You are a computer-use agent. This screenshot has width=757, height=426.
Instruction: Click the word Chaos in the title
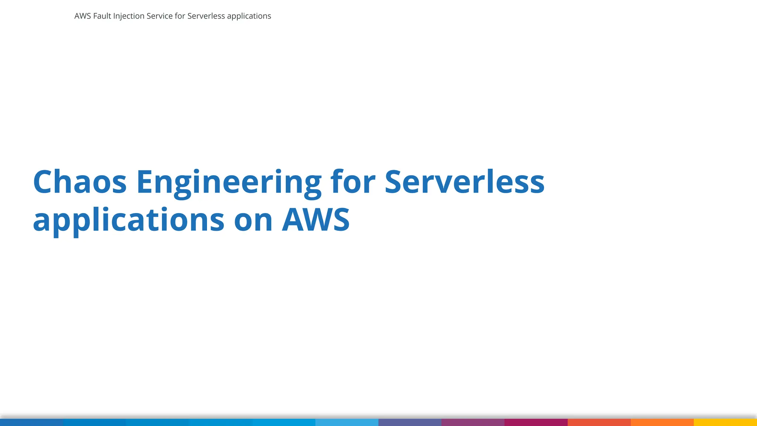[x=80, y=182]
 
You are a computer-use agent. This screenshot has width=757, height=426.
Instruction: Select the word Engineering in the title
[x=229, y=182]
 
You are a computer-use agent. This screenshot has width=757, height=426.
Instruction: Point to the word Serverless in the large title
[x=464, y=182]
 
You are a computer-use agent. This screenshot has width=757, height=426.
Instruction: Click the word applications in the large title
[x=129, y=220]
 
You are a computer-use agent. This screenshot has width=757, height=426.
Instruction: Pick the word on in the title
[x=253, y=220]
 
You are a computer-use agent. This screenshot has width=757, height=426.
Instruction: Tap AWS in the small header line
[x=82, y=16]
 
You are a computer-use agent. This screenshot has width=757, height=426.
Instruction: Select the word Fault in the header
[x=102, y=16]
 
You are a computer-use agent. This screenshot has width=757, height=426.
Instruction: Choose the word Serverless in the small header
[x=206, y=16]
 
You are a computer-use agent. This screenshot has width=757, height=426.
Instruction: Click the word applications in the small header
[x=249, y=16]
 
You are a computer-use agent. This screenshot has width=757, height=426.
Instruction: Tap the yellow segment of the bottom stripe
[x=725, y=422]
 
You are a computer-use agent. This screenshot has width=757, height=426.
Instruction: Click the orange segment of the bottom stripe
[x=662, y=422]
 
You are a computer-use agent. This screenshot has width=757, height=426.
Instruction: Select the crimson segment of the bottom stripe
[x=536, y=422]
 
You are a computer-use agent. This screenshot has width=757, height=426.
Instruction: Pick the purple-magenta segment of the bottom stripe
[x=473, y=422]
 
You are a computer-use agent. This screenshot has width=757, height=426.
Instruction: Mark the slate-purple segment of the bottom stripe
[x=410, y=422]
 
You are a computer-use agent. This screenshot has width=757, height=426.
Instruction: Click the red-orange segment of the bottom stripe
[x=599, y=422]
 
